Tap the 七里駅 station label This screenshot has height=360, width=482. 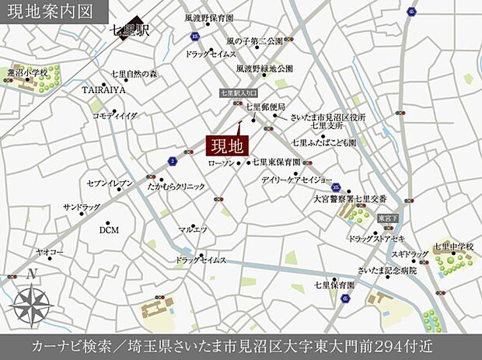tap(129, 32)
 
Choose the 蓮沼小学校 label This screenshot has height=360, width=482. tap(27, 72)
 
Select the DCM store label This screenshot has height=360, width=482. tap(109, 230)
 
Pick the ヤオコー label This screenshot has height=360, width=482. tap(49, 253)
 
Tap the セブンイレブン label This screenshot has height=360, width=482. tap(110, 183)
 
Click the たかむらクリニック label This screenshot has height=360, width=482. tap(176, 187)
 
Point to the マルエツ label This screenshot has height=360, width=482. tap(192, 229)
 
